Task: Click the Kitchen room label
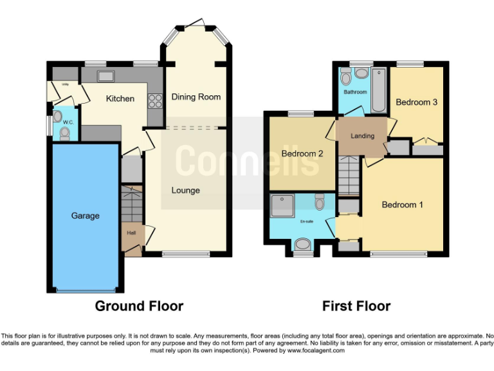point(120,99)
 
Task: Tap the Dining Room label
point(196,97)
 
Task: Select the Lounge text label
point(185,190)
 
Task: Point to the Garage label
point(85,216)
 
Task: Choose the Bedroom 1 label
point(402,205)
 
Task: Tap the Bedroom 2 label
point(302,153)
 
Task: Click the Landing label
point(362,137)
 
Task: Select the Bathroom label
point(354,92)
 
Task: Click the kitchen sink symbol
point(105,76)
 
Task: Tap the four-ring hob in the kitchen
point(154,101)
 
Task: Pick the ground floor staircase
point(131,204)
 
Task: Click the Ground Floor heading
point(139,306)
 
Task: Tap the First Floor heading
point(356,306)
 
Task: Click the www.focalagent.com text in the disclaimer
point(316,351)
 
